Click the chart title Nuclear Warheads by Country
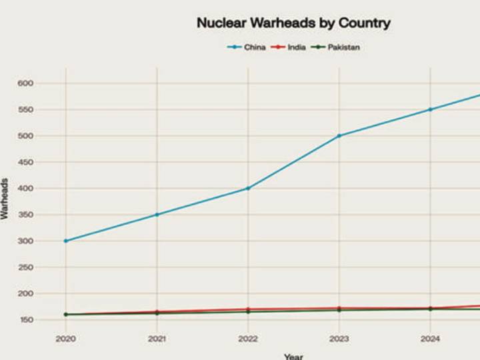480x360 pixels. pos(293,23)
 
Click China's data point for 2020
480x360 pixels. pos(65,241)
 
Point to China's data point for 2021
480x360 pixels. pos(157,215)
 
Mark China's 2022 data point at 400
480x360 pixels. pos(248,188)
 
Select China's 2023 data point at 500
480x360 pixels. pos(339,136)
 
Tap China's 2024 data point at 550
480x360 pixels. pos(430,109)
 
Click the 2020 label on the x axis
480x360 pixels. pos(65,337)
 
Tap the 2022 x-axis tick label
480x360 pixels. pos(248,337)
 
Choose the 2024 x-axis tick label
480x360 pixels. pos(430,337)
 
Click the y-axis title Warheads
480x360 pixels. pos(5,199)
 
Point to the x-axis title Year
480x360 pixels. pos(293,356)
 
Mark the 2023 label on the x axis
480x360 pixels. pos(339,337)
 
